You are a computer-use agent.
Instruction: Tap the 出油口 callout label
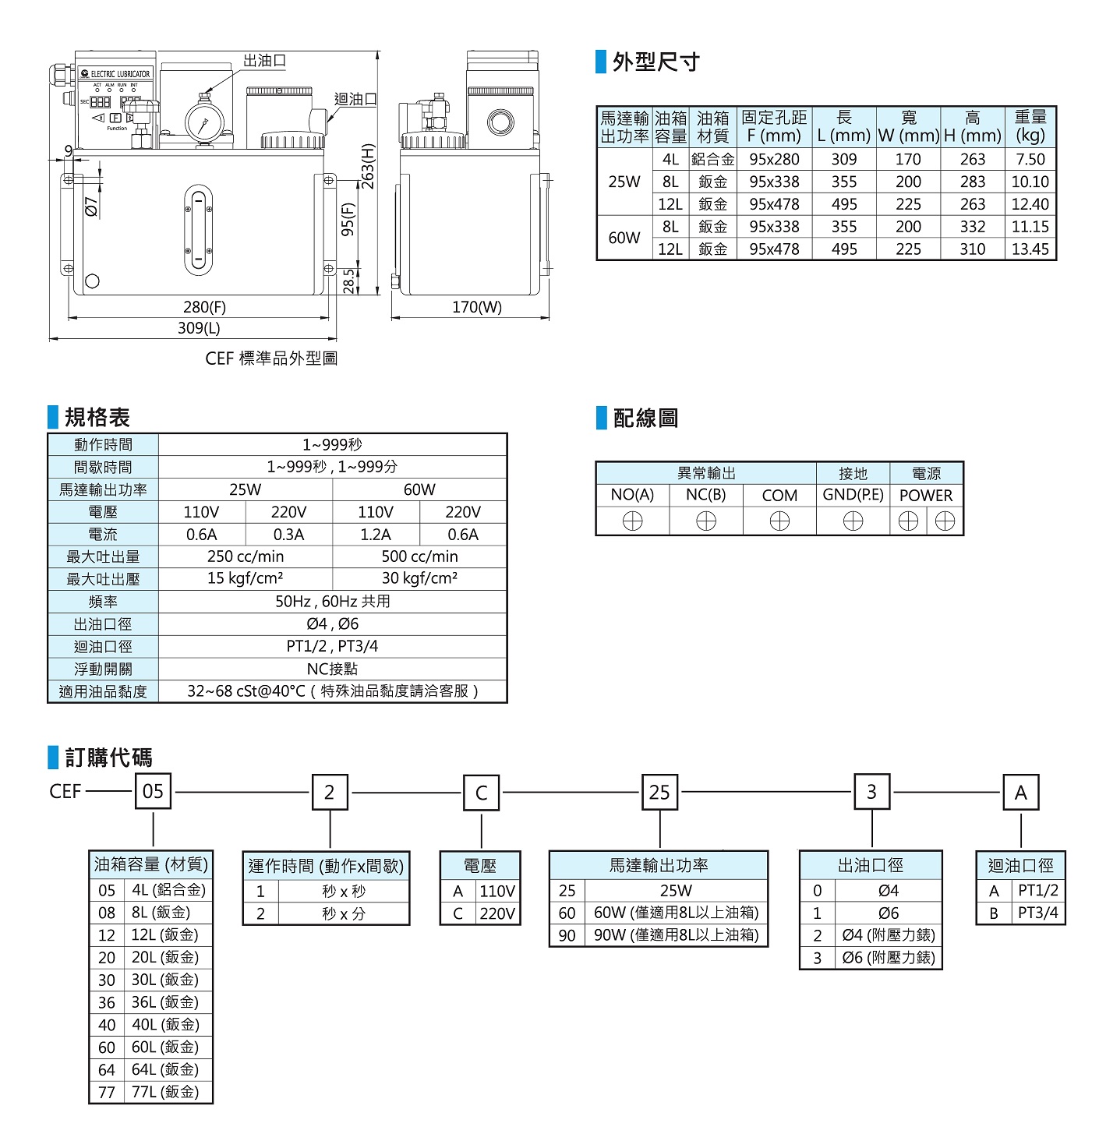click(264, 61)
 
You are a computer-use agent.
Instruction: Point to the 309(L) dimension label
click(199, 328)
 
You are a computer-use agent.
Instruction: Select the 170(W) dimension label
click(477, 307)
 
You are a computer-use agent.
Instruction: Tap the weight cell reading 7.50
click(1030, 159)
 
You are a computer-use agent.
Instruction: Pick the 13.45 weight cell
click(1030, 249)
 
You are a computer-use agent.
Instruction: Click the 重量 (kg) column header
click(1030, 126)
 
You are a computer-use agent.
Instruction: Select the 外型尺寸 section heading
click(656, 62)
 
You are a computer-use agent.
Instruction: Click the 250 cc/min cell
click(246, 556)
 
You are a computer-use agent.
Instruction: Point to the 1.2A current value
click(376, 535)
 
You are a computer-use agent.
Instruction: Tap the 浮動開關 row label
click(103, 669)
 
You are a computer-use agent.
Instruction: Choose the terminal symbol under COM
click(779, 521)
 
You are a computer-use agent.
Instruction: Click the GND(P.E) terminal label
click(853, 495)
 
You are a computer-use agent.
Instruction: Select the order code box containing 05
click(154, 792)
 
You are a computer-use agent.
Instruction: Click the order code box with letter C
click(481, 793)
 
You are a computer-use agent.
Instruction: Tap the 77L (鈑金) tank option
click(164, 1092)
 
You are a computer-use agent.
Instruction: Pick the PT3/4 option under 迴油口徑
click(1037, 913)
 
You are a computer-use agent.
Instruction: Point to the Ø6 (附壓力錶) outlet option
click(888, 957)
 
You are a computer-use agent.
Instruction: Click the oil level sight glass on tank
click(199, 230)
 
